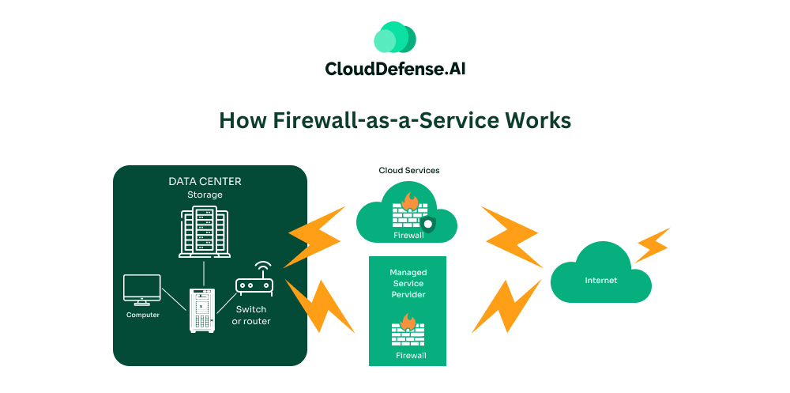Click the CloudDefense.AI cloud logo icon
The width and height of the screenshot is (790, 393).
(x=394, y=38)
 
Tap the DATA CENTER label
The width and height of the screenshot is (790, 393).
(x=205, y=181)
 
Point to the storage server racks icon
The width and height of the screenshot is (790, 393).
(x=205, y=232)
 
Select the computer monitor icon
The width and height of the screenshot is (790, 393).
(x=142, y=289)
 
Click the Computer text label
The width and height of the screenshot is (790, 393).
(x=143, y=315)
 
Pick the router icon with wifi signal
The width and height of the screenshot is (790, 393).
(x=254, y=281)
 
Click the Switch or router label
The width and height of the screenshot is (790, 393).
(x=251, y=315)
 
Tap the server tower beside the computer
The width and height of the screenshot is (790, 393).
(x=202, y=310)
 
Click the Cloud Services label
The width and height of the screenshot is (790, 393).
(x=409, y=170)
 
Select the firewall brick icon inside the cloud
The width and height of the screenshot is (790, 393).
(x=408, y=212)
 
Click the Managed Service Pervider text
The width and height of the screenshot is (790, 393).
(x=408, y=283)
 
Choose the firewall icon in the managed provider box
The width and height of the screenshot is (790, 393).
(x=408, y=331)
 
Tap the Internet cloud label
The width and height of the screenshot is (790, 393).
(x=600, y=280)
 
